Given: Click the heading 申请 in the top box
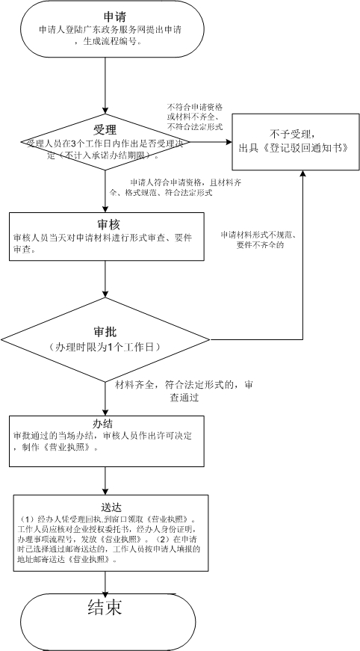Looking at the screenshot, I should coord(108,16).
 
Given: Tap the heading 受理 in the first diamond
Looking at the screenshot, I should coord(105,126).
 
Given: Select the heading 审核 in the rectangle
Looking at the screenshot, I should coord(105,223).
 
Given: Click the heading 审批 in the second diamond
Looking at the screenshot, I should coord(104,330).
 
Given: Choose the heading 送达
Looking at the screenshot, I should coord(104,506).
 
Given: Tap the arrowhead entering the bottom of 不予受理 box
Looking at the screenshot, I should coord(302,173).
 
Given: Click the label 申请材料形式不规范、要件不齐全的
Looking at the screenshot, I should coord(257,239).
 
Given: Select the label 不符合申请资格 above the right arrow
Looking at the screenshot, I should coord(196,107).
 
